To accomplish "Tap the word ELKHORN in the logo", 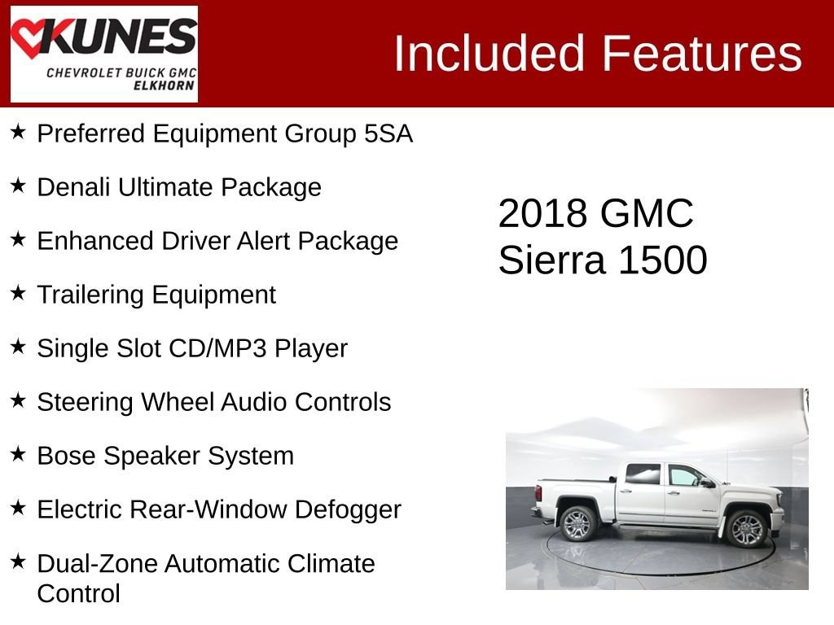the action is click(164, 85).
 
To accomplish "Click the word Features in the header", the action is click(701, 53).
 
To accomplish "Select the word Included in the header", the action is click(489, 53).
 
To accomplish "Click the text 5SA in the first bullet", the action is click(388, 133).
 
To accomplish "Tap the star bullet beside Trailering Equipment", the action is click(18, 292).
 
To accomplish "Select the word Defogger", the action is click(348, 510).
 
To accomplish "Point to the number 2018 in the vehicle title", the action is click(542, 214).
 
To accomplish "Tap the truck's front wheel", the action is click(746, 529).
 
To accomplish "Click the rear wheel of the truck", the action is click(578, 523).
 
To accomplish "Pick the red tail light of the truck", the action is click(538, 492).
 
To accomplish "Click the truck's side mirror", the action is click(708, 483).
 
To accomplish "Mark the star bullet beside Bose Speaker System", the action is click(18, 453).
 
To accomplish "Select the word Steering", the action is click(85, 402).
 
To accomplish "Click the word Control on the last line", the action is click(79, 594).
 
